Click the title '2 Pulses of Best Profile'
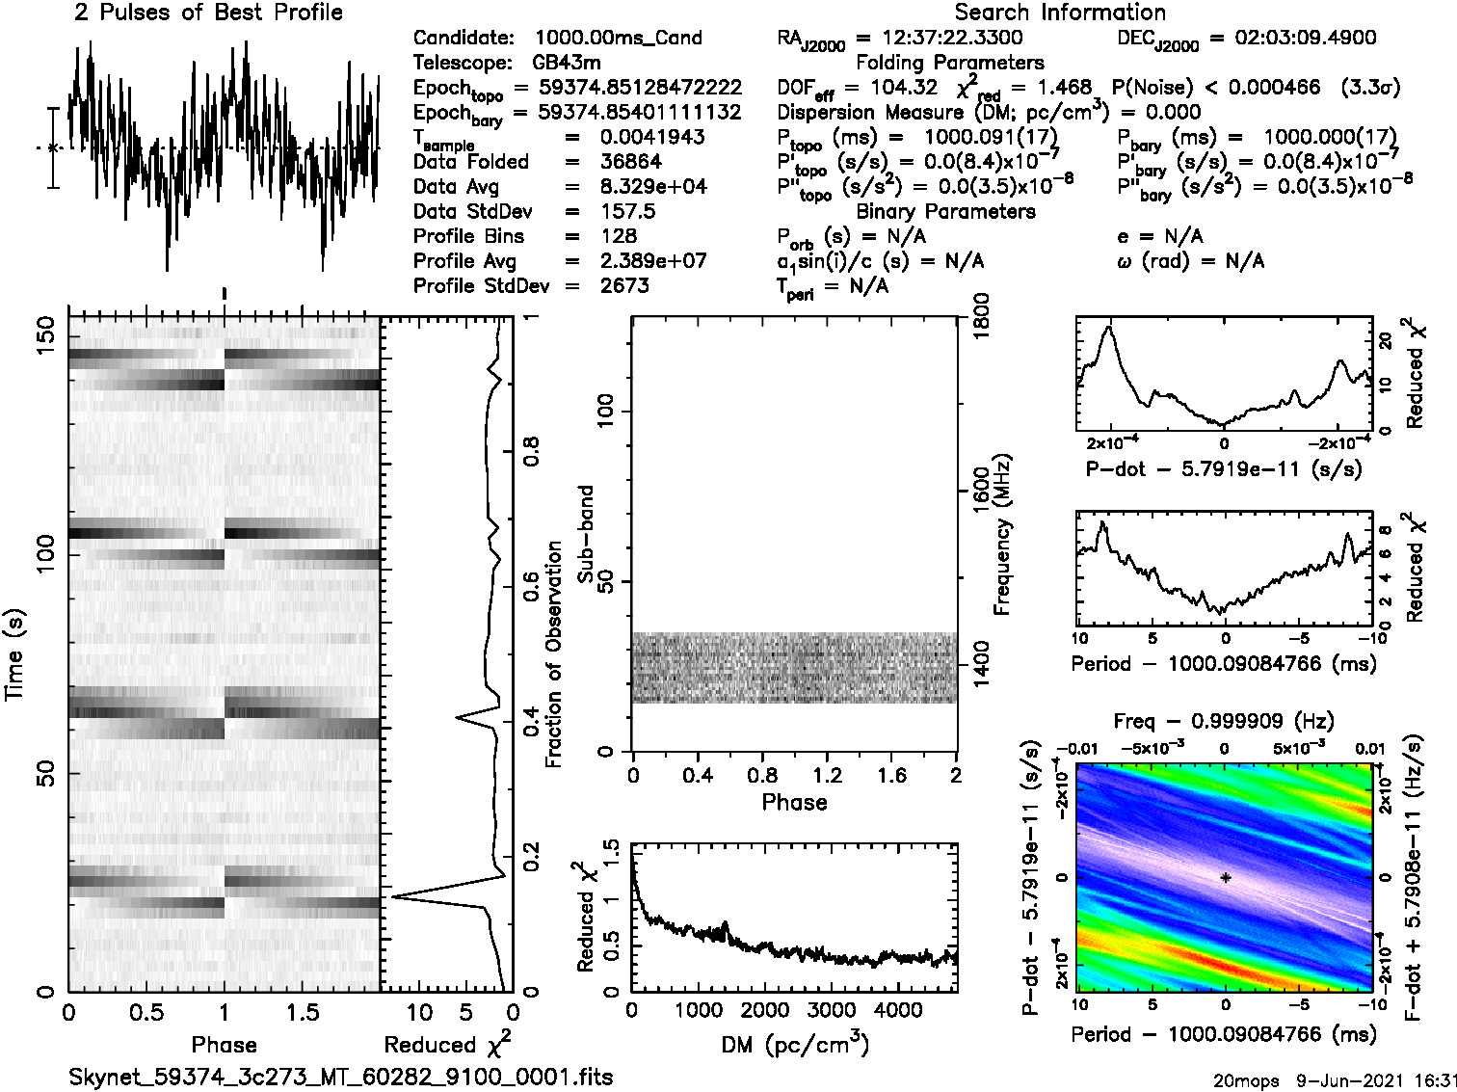click(208, 13)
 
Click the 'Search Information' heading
click(1060, 13)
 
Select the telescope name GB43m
click(567, 63)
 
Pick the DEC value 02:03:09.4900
click(1292, 38)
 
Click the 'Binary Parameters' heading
click(945, 211)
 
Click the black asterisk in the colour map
click(1225, 878)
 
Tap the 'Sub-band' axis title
click(586, 534)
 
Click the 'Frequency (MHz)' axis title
click(1003, 534)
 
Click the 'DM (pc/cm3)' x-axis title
click(795, 1045)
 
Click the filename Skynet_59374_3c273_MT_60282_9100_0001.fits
click(340, 1077)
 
